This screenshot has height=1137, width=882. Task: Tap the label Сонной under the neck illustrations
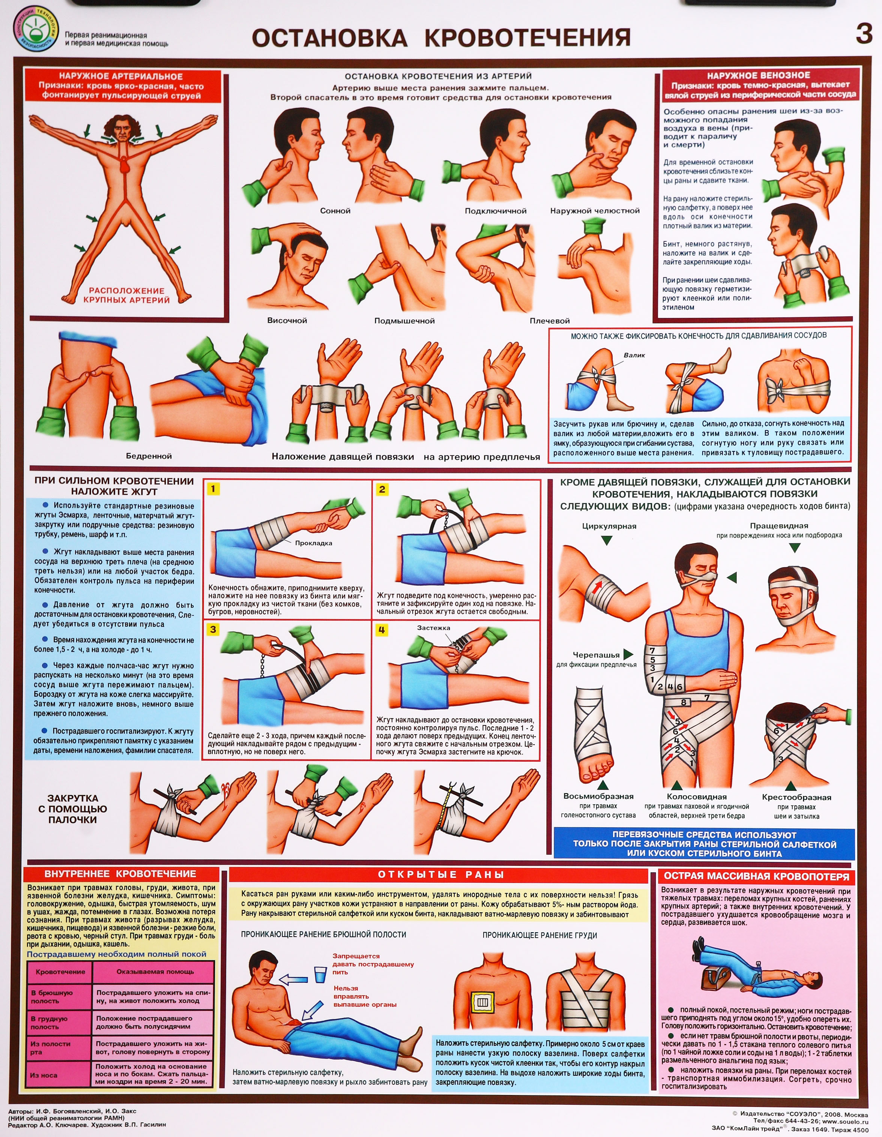(335, 211)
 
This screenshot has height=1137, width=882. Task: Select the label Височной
(287, 321)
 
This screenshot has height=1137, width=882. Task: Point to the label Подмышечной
(404, 321)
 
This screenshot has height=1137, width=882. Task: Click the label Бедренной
(149, 456)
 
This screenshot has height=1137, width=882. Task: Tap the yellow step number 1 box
(213, 489)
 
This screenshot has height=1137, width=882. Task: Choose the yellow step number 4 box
(382, 630)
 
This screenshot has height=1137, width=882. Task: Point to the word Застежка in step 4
(434, 628)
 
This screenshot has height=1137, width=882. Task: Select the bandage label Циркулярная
(609, 526)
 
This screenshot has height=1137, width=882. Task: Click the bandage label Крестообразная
(796, 798)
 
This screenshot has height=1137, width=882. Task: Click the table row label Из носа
(44, 1075)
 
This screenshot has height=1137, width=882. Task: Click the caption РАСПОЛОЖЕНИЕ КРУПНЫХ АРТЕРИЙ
(126, 295)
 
